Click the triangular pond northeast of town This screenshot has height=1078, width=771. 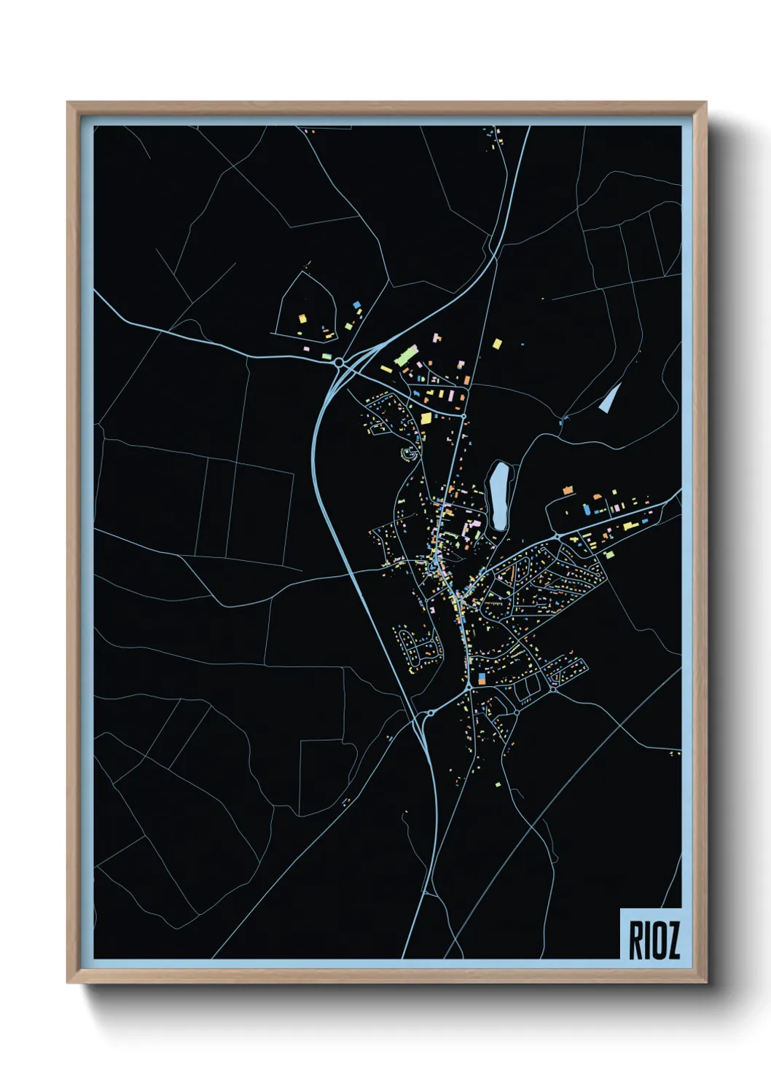pos(610,398)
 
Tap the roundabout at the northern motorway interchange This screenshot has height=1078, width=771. pos(339,362)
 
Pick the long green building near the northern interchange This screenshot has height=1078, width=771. pos(404,356)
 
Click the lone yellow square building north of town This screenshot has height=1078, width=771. pos(498,343)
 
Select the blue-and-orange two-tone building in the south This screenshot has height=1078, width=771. pos(481,679)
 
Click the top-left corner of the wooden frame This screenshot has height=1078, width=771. pos(68,103)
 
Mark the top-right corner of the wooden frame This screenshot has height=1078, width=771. pos(706,103)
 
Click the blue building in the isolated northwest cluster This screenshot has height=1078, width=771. pos(356,304)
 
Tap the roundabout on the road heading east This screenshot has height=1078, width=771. pos(557,535)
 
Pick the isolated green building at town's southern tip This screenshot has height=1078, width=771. pos(498,784)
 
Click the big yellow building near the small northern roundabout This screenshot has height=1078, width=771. pos(426,418)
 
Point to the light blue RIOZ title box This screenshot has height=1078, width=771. pos(651,934)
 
